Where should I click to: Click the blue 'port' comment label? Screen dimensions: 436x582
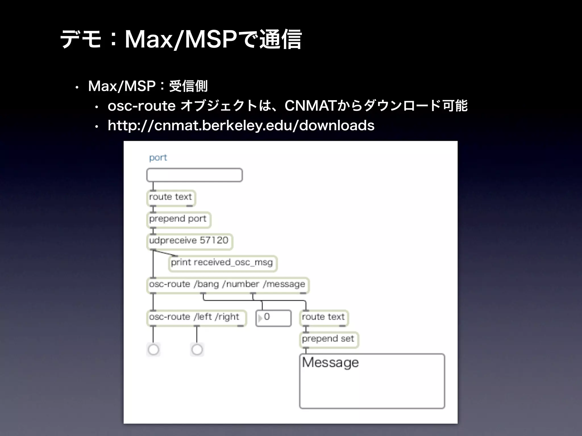pos(158,158)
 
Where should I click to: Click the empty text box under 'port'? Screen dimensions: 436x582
pos(194,175)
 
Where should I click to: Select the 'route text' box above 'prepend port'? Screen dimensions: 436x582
pos(171,197)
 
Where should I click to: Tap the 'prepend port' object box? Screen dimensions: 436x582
pos(178,219)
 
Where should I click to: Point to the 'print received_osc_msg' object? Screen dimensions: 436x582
pos(222,263)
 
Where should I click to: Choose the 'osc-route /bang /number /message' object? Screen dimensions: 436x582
pos(227,284)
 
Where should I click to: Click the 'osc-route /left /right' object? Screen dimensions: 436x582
pos(196,317)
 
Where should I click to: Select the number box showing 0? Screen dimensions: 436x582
pos(273,317)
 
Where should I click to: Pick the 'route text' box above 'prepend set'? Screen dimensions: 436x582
pos(323,317)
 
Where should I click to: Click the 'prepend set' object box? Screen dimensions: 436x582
pos(329,339)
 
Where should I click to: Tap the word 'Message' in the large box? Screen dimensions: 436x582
pos(331,362)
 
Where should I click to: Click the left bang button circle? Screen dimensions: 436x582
pos(153,350)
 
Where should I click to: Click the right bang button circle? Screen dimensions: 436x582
pos(197,350)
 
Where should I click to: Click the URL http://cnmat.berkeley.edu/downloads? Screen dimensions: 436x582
pos(241,125)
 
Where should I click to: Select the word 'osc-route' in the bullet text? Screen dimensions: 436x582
pos(142,106)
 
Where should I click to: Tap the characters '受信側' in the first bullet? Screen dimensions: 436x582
pos(188,86)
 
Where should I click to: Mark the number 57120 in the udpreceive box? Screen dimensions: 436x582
pos(214,240)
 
